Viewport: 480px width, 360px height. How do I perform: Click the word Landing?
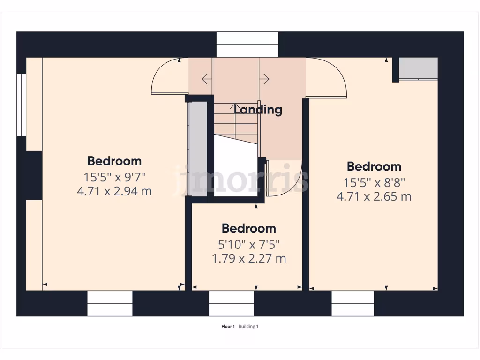258,110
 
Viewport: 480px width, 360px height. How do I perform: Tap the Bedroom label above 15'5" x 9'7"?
114,161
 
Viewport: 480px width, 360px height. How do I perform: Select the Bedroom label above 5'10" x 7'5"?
248,228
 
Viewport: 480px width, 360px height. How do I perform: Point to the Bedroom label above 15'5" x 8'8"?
374,166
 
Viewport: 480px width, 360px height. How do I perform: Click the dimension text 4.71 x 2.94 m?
114,191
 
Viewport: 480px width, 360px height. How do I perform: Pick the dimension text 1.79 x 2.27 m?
249,258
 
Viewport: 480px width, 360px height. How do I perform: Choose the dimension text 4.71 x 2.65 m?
374,196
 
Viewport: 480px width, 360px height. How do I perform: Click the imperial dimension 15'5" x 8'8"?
374,182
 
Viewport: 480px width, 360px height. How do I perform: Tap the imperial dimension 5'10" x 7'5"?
249,244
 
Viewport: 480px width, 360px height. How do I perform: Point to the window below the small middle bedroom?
232,304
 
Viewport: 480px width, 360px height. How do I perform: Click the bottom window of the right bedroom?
353,304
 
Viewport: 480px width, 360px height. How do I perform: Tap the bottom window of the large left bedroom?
110,304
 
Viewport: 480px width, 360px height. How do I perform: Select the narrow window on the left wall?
21,105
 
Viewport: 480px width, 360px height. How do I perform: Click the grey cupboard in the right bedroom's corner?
418,68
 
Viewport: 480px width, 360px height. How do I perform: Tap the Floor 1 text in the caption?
228,327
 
